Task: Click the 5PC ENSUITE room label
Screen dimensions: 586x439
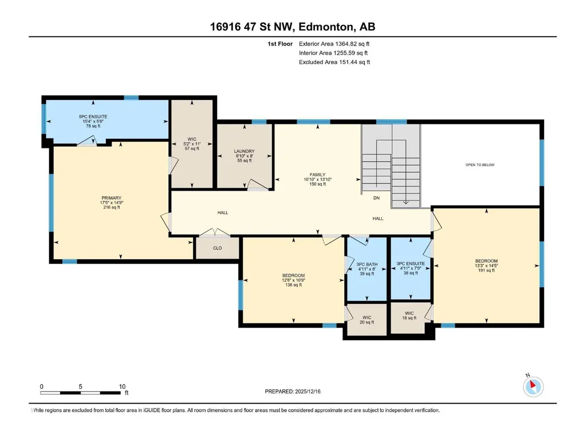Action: [x=93, y=117]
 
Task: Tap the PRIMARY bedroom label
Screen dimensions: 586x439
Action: [x=111, y=198]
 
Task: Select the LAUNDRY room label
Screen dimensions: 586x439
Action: [x=245, y=151]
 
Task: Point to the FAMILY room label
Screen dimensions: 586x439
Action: [x=318, y=175]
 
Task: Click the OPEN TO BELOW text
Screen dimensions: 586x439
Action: [x=480, y=164]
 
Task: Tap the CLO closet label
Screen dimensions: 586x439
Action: [x=217, y=248]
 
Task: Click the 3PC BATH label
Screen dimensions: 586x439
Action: [x=367, y=264]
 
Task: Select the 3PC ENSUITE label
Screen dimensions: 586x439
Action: [x=410, y=264]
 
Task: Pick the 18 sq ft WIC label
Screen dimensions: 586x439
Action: [x=409, y=316]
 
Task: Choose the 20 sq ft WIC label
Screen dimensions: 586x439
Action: [x=367, y=320]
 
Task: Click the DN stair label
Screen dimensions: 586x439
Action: [x=376, y=198]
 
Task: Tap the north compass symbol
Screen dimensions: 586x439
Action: [x=533, y=386]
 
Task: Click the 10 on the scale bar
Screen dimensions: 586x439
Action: [x=122, y=386]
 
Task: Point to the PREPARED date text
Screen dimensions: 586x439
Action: [x=293, y=391]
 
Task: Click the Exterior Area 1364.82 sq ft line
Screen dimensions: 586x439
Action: [x=334, y=44]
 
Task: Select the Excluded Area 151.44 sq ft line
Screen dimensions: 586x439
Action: [x=334, y=62]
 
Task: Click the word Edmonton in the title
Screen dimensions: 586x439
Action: [x=326, y=27]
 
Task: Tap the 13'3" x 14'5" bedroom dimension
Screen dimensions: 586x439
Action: [x=487, y=266]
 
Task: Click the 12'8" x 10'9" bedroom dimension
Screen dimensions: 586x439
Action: [x=294, y=280]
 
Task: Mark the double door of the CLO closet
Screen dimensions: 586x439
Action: [x=214, y=232]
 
